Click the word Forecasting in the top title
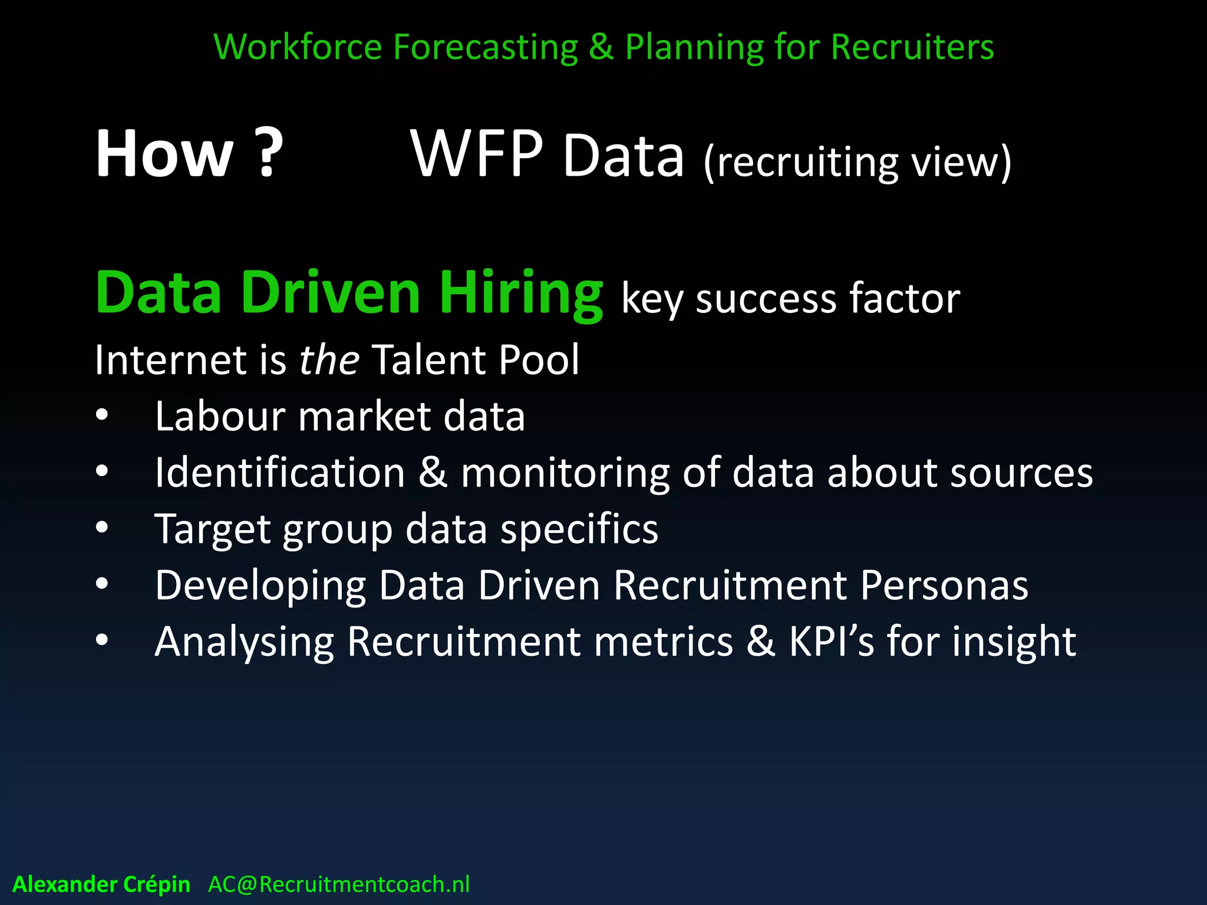(485, 47)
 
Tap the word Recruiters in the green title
(912, 47)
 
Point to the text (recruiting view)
(858, 162)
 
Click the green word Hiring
(521, 293)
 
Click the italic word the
(329, 359)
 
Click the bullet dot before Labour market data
(102, 415)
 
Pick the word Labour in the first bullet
(220, 416)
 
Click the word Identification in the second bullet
(280, 473)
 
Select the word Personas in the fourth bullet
(944, 585)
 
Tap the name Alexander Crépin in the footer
(101, 884)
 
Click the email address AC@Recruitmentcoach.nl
(339, 884)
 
